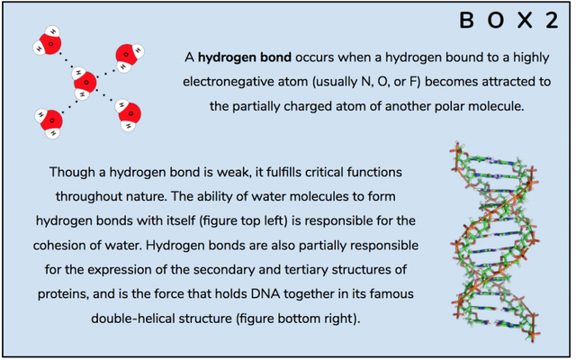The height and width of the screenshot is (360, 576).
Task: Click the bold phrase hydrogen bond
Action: tap(245, 58)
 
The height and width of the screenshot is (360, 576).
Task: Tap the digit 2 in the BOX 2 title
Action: tap(552, 20)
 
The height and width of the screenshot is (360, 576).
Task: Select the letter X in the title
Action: tap(525, 20)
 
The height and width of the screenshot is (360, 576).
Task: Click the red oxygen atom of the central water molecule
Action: tap(85, 82)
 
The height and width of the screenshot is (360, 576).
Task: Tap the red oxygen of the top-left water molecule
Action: tap(50, 44)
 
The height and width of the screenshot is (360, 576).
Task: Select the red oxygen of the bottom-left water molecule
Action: tap(52, 120)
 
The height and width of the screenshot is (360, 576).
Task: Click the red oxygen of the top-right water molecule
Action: tap(126, 55)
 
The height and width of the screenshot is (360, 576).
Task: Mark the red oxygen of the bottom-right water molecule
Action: tap(130, 113)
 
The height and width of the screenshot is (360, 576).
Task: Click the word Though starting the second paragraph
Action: tap(72, 172)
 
